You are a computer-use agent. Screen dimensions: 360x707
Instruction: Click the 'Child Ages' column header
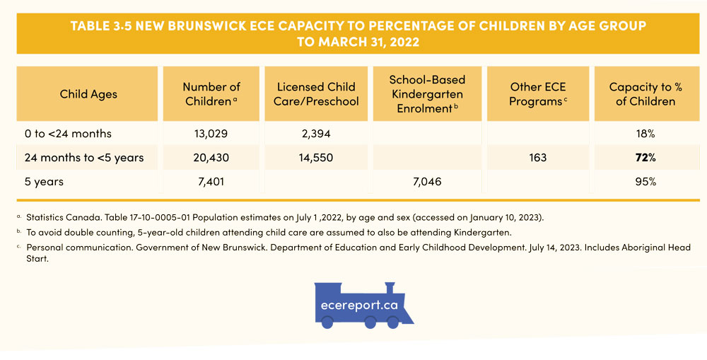(x=88, y=94)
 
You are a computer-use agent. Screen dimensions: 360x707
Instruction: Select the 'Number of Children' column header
(x=211, y=94)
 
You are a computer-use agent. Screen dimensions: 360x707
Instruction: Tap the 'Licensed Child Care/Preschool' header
(x=316, y=94)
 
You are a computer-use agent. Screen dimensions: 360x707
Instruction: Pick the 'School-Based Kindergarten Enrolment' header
(x=427, y=94)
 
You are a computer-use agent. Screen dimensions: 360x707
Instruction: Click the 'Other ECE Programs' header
(x=538, y=94)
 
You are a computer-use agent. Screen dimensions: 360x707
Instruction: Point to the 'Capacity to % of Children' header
(x=645, y=94)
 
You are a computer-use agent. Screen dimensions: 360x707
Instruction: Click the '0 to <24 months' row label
(x=68, y=134)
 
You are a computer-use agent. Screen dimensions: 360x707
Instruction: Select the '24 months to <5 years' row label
(x=83, y=158)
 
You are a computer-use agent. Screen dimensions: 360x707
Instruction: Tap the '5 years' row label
(x=44, y=182)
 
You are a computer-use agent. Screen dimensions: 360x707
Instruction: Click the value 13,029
(x=211, y=134)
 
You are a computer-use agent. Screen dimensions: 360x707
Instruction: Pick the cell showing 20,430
(x=211, y=158)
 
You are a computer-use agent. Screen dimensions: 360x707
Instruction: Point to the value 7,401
(x=211, y=182)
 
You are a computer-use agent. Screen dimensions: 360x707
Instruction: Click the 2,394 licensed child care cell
(x=316, y=134)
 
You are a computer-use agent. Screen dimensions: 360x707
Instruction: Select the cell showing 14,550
(x=316, y=158)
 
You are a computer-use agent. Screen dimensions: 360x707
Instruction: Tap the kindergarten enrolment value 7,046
(x=427, y=182)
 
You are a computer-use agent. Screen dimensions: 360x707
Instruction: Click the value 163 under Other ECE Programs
(x=538, y=158)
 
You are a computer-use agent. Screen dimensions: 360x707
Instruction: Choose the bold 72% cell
(x=645, y=158)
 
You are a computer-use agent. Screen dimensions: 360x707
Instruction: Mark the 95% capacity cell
(x=645, y=182)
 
